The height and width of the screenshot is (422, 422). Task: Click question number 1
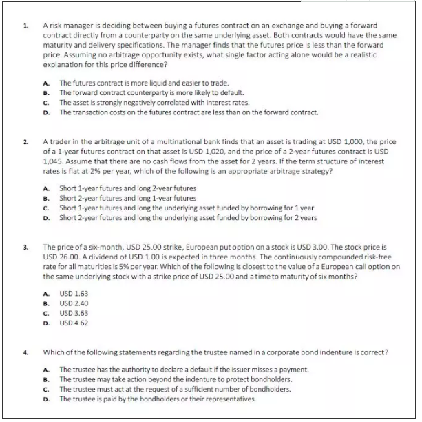coord(25,26)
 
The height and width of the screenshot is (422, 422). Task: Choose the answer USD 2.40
coord(73,303)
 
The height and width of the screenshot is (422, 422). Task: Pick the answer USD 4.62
coord(73,322)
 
